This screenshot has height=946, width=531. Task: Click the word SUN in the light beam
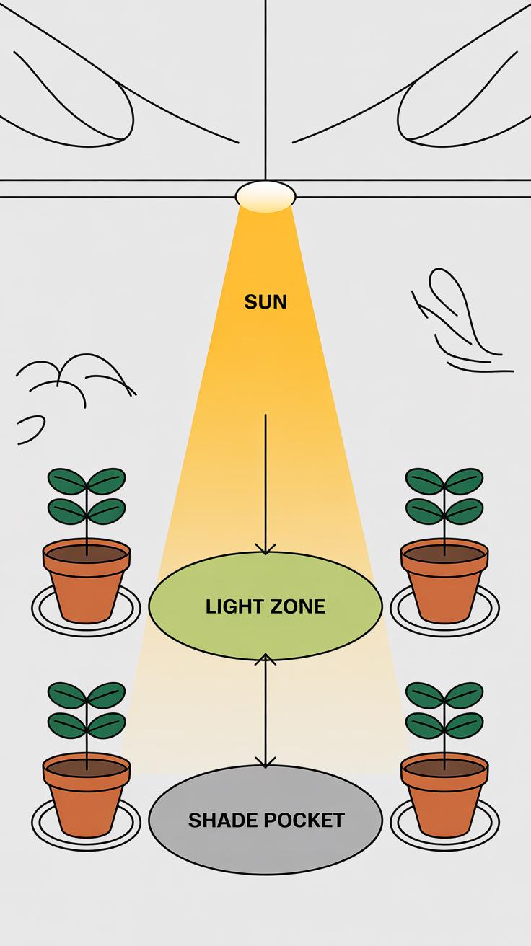tap(265, 301)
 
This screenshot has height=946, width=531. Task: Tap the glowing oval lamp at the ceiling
tap(265, 195)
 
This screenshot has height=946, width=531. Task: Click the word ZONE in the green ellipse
tap(297, 606)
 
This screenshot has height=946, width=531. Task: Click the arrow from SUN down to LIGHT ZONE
tap(265, 483)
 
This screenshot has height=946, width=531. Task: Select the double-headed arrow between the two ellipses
tap(265, 710)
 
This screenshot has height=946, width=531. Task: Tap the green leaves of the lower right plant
tap(444, 710)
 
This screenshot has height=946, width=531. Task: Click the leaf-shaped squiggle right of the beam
tap(455, 310)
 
